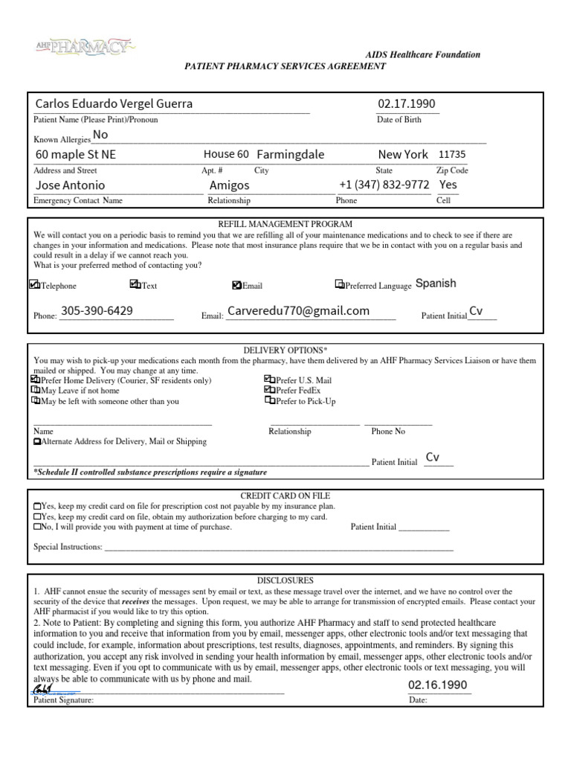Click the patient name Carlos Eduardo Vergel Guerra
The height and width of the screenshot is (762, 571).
[114, 103]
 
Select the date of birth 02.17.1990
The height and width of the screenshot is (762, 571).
[407, 103]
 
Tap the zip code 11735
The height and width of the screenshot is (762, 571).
[452, 155]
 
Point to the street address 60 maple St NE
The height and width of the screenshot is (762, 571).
[76, 155]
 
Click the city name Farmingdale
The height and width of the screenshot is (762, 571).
[290, 155]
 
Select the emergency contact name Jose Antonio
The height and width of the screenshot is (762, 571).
[71, 185]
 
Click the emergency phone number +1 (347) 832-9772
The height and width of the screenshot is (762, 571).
[384, 185]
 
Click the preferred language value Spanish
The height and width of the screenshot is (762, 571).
[436, 284]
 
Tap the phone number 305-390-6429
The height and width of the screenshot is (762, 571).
[97, 311]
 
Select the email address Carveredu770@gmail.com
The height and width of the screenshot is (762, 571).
[298, 311]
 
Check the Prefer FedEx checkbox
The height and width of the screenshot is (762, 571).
[269, 390]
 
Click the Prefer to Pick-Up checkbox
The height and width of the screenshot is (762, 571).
[269, 400]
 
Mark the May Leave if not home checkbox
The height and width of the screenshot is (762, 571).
[36, 390]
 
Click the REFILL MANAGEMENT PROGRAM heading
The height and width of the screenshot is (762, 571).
[285, 224]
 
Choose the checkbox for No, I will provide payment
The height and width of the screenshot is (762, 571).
[37, 527]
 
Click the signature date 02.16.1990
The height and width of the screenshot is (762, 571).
[438, 685]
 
